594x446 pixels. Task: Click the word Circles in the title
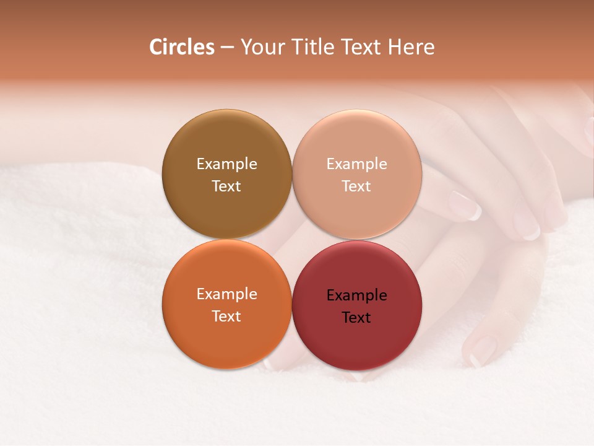pos(181,47)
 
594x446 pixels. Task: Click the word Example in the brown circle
pos(226,164)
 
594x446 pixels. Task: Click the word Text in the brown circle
pos(226,186)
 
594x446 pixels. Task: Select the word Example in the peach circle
pos(356,164)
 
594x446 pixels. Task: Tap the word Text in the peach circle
pos(356,186)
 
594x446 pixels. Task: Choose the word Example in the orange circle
pos(226,294)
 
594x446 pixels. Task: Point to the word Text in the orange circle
pos(226,317)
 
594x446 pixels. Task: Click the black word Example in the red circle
pos(356,295)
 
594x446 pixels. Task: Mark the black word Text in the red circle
pos(356,318)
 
